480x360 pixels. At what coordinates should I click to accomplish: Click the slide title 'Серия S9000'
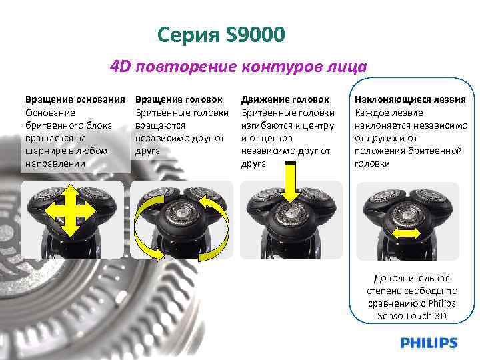coord(222,33)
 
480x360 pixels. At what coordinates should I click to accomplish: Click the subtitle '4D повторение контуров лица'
coord(238,67)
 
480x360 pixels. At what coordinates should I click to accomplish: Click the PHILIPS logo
coord(429,343)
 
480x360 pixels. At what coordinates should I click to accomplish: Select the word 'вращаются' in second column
coord(157,125)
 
